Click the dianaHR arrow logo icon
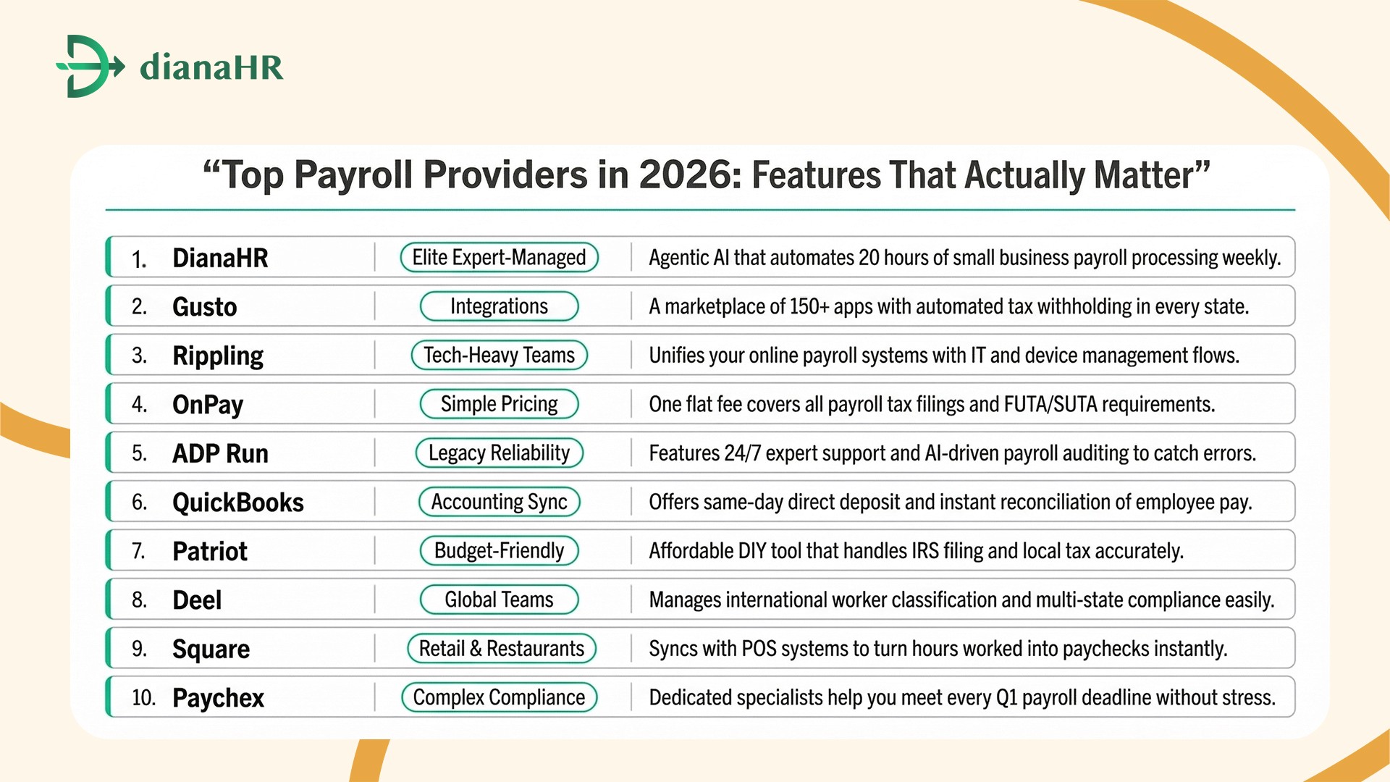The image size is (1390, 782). (x=89, y=66)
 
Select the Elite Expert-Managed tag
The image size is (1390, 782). (x=499, y=258)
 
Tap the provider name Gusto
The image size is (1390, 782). (x=204, y=307)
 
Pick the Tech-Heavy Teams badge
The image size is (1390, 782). (x=499, y=356)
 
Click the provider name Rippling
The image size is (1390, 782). (x=217, y=356)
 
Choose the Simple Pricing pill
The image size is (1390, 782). (x=499, y=404)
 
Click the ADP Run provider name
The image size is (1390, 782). (x=220, y=454)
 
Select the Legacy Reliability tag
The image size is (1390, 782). (x=499, y=453)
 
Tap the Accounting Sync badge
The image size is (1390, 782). (x=499, y=502)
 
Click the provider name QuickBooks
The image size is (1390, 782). (x=237, y=503)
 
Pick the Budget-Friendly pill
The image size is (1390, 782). (x=499, y=551)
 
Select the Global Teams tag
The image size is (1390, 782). (x=499, y=600)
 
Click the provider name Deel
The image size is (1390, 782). (x=197, y=600)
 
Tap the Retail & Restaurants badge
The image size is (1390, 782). (x=501, y=649)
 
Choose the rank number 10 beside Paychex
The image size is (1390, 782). (x=143, y=698)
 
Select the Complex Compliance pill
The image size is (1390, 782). (x=499, y=697)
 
